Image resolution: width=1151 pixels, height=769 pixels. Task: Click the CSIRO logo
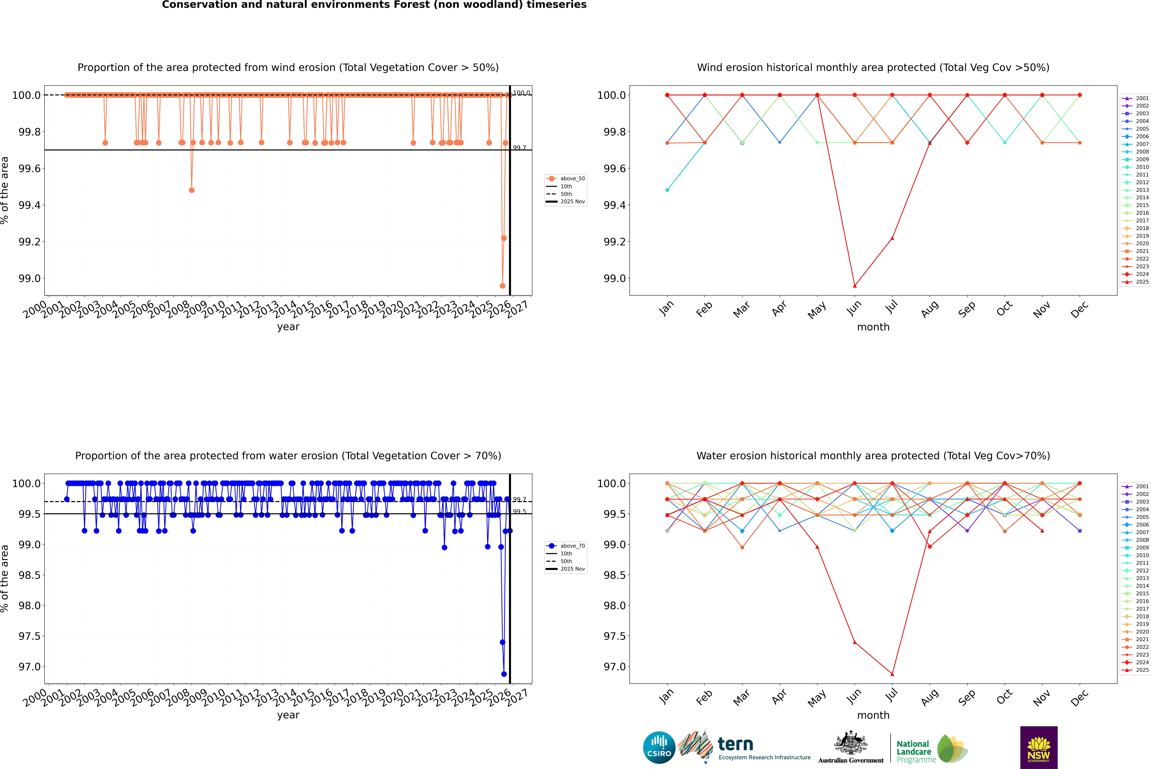click(659, 747)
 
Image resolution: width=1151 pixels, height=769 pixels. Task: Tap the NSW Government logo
click(1039, 747)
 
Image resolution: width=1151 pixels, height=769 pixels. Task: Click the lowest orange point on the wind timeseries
click(502, 286)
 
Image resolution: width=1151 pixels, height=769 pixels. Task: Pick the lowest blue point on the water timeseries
click(504, 674)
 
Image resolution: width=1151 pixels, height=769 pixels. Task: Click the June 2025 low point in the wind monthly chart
click(855, 286)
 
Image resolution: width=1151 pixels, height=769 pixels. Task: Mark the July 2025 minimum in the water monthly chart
click(892, 674)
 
